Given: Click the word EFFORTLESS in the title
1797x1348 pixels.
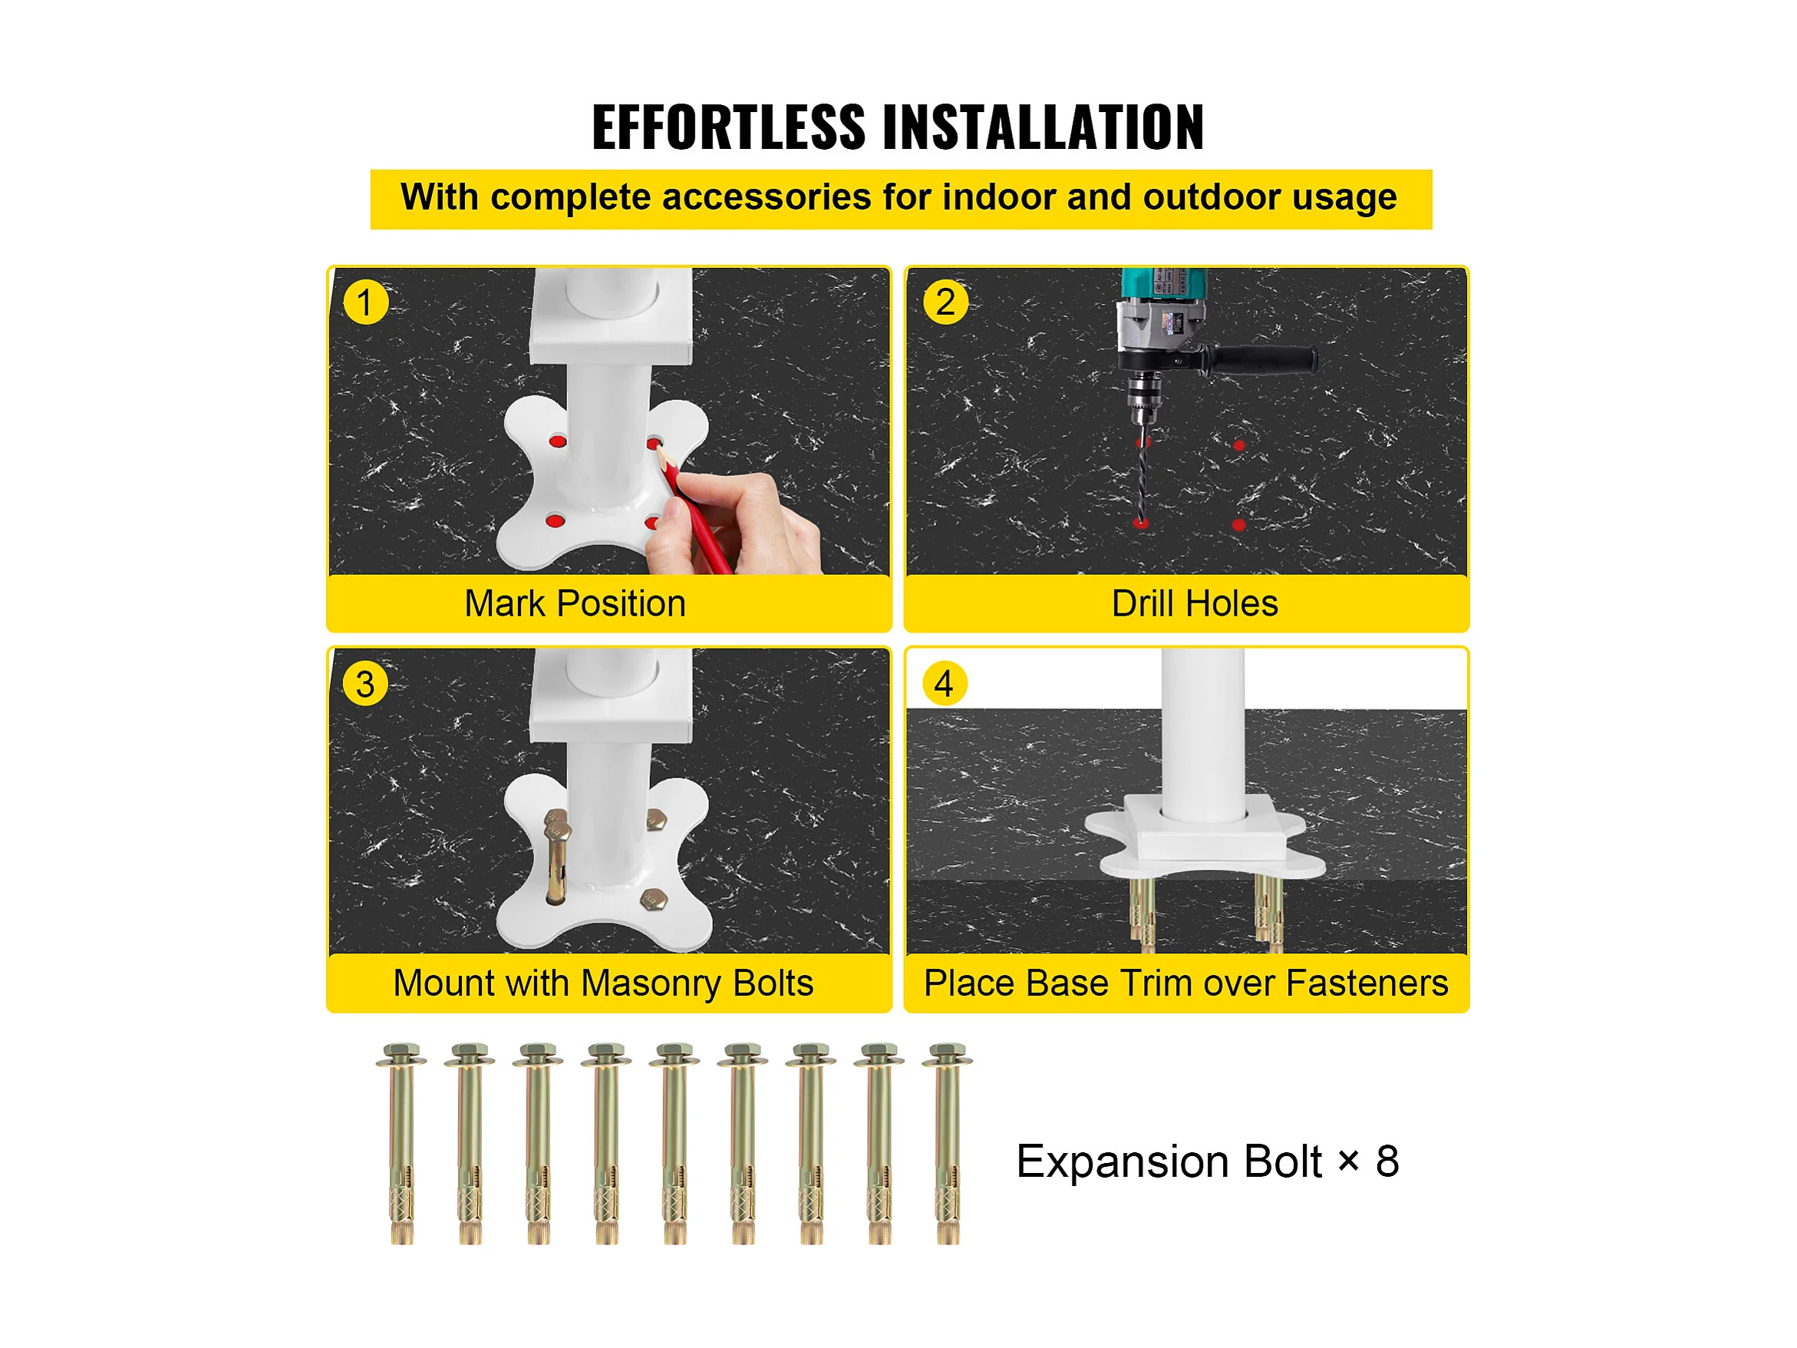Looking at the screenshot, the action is [729, 127].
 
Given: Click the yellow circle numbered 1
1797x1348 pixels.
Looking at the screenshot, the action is [365, 302].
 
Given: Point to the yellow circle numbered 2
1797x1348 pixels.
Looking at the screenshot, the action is [945, 302].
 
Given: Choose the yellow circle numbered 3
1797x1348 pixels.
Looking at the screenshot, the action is [365, 683].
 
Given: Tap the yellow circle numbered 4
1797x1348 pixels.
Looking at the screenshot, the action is [945, 683].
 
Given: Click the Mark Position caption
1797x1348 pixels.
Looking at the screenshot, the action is [575, 603].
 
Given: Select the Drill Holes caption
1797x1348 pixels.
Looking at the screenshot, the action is [1194, 603].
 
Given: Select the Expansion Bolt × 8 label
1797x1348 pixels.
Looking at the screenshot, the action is [1207, 1161].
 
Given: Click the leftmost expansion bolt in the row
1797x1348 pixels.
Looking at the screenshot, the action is [401, 1144].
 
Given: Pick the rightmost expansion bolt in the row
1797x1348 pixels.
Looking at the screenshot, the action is [948, 1144].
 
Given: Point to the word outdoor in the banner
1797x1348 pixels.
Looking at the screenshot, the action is [1212, 197].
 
